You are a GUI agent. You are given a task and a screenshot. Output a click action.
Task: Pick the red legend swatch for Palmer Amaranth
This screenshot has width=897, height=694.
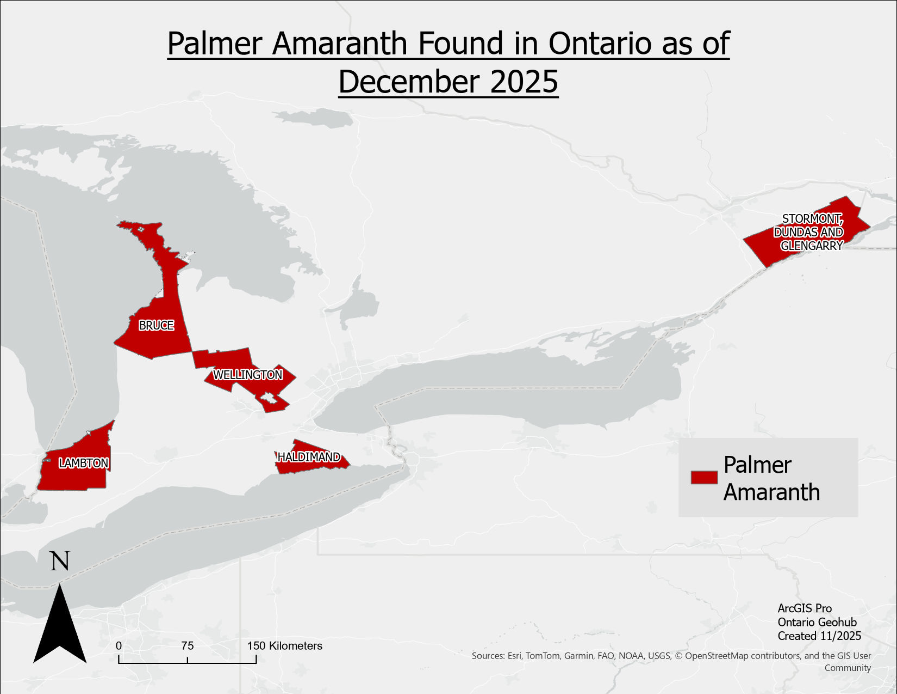pos(704,477)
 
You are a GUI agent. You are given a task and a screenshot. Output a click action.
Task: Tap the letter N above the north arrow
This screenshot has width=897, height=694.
pos(60,561)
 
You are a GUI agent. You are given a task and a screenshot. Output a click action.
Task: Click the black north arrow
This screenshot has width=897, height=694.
pos(60,625)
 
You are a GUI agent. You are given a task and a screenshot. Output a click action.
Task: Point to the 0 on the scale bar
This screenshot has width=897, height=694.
pos(119,646)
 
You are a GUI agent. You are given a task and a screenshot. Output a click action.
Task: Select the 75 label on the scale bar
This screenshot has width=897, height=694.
pos(187,646)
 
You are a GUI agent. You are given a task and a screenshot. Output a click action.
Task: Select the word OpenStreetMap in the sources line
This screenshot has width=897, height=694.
pos(716,656)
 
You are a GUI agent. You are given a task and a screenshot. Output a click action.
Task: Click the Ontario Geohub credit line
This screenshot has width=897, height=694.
pos(817,622)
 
